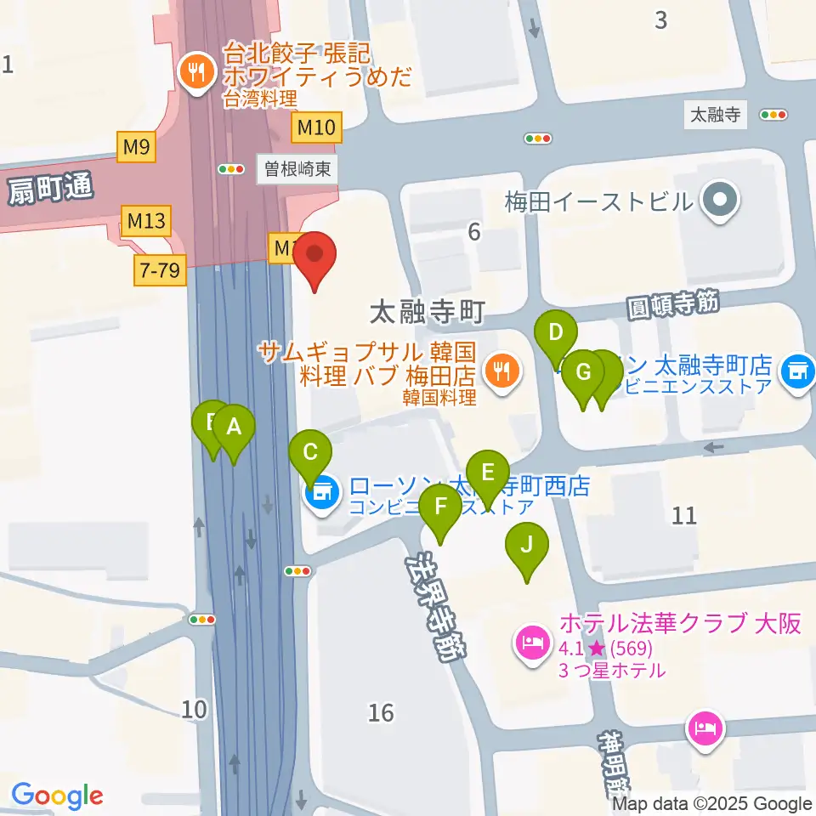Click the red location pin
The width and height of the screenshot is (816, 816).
315,255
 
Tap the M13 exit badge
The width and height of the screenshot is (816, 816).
146,222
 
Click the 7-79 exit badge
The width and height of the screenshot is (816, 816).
159,271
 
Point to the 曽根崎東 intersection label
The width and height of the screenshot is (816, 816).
297,169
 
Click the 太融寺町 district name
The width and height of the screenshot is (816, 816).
427,312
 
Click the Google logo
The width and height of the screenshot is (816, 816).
57,795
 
